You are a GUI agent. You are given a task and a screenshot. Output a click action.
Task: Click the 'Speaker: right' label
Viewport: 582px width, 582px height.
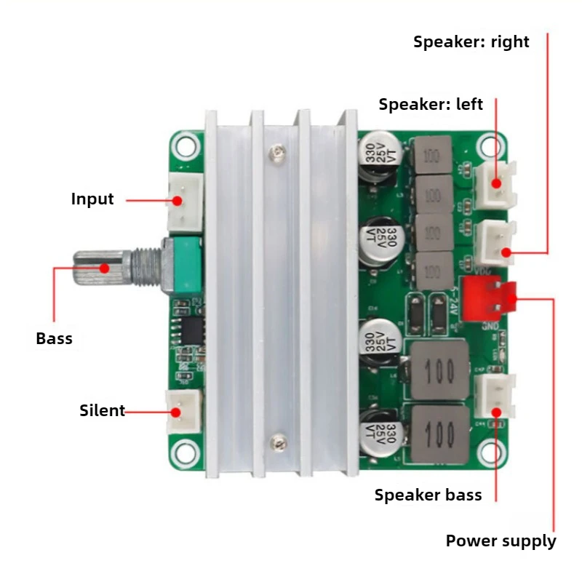(x=471, y=42)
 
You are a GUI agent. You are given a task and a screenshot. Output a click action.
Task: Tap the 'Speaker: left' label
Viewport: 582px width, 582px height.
(x=431, y=104)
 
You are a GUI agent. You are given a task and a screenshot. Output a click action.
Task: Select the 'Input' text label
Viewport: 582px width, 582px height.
(x=92, y=199)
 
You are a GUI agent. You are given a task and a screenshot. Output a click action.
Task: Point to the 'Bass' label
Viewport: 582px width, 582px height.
(x=55, y=338)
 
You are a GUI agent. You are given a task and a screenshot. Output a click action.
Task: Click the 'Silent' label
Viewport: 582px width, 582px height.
(x=102, y=410)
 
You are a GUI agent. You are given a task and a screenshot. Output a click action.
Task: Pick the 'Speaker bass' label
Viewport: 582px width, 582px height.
(x=428, y=495)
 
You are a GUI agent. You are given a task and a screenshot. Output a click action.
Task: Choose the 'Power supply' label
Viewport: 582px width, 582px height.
(x=501, y=541)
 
